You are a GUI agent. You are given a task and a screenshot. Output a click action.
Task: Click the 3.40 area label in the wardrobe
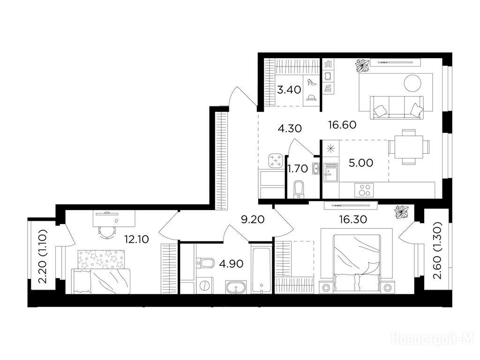tap(289, 90)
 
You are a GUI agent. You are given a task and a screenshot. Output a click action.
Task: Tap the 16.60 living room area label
tap(342, 125)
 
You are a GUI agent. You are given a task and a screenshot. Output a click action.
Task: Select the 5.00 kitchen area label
tap(361, 163)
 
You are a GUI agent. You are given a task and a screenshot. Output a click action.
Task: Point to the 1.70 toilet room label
tap(298, 168)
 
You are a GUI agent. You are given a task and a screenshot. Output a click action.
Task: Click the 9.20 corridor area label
tap(253, 219)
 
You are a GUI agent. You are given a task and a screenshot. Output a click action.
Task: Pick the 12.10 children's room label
tap(137, 239)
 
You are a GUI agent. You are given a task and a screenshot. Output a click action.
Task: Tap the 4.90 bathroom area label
tap(232, 263)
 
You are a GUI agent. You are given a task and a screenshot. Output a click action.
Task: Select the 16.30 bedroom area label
tap(353, 219)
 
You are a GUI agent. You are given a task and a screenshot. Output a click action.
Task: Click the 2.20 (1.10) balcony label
tap(43, 256)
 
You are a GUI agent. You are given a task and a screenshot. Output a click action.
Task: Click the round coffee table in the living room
tap(412, 83)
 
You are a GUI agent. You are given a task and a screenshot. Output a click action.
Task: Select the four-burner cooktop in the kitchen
tap(364, 190)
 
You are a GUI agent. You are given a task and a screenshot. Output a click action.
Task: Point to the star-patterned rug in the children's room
tap(101, 260)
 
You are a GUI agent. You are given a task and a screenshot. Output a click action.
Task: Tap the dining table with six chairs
tap(409, 147)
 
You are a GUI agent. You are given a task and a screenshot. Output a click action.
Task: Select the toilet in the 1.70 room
tap(298, 189)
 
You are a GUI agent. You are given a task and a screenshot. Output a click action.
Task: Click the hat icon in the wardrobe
tap(312, 97)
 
